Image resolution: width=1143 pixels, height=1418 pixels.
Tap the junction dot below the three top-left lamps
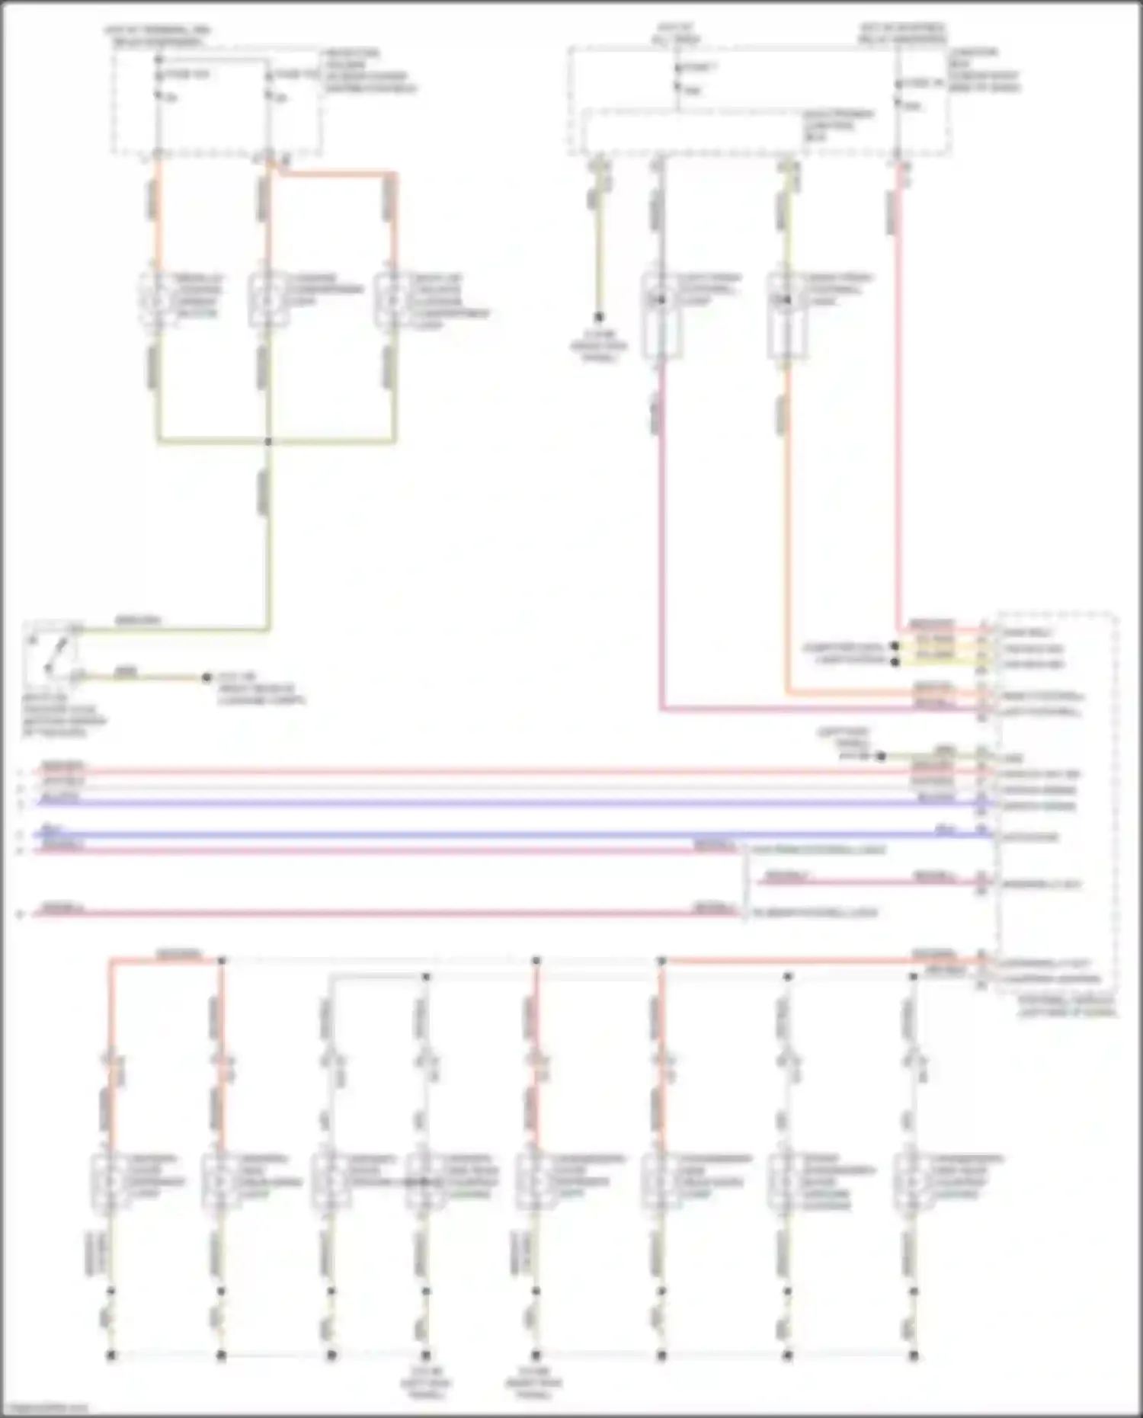click(268, 441)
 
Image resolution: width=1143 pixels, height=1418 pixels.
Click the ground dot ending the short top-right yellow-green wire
click(599, 317)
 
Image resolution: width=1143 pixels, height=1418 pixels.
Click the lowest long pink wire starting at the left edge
click(381, 912)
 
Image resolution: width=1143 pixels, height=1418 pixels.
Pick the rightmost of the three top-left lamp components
click(392, 300)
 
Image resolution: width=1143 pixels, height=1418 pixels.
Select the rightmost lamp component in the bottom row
click(913, 1182)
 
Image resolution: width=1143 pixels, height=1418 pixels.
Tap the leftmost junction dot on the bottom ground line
click(111, 1355)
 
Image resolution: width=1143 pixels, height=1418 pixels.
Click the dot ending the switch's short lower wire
click(207, 677)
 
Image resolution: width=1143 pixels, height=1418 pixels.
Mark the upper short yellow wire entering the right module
click(937, 646)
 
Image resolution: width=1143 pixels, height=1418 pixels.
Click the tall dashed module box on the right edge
click(1055, 800)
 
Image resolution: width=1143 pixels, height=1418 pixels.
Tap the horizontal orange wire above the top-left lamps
click(335, 174)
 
